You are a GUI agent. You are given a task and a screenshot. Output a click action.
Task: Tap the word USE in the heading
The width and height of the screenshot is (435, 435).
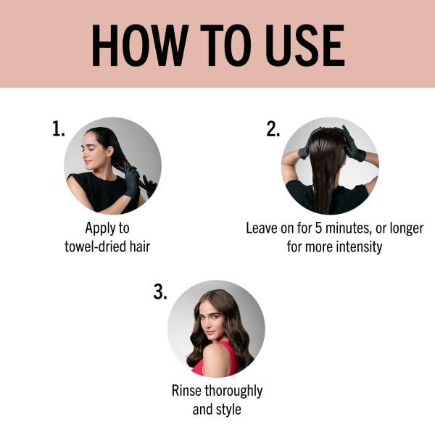[x=305, y=46]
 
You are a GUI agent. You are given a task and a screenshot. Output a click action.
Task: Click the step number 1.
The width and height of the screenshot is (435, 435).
[x=59, y=128]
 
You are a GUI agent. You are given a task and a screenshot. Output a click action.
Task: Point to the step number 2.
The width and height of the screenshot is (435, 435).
[x=273, y=128]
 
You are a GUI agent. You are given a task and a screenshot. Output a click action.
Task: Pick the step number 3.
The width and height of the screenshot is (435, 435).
[x=160, y=291]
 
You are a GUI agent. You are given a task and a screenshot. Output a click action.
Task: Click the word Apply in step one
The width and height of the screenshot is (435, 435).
[x=98, y=229]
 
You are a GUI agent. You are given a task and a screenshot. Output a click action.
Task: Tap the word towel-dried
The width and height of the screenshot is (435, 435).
[x=95, y=246]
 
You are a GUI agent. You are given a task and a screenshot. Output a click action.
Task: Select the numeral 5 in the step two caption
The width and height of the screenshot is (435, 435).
[x=318, y=228]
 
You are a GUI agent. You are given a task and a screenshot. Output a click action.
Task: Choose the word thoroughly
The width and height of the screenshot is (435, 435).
[x=233, y=391]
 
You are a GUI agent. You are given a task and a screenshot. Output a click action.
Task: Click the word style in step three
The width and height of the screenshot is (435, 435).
[x=229, y=410]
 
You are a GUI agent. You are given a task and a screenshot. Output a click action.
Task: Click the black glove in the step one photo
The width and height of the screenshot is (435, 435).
[x=131, y=180]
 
